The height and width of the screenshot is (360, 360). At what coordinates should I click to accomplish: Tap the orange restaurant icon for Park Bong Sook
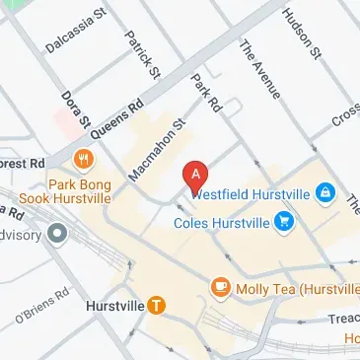point(84,157)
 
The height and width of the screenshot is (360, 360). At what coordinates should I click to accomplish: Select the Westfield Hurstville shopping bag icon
point(324,194)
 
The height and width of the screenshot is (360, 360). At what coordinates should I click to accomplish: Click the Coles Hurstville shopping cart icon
point(284,221)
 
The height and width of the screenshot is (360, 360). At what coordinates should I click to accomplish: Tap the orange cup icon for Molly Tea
point(220,287)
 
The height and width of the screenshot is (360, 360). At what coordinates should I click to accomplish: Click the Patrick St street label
point(142,53)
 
